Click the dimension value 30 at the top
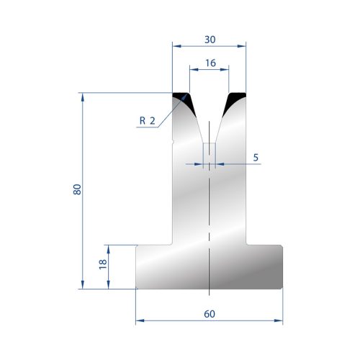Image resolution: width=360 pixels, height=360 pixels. click(x=210, y=40)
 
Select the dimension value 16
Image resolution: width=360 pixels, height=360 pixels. click(x=210, y=63)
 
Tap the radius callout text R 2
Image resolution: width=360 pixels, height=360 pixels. click(x=148, y=120)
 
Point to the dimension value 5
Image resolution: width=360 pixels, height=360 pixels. click(x=256, y=158)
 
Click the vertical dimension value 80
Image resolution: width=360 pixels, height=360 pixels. click(x=77, y=189)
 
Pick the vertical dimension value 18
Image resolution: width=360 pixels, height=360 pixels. click(x=103, y=264)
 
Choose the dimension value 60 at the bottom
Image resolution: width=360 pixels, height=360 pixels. click(x=210, y=314)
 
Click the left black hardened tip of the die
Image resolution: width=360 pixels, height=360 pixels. click(x=185, y=101)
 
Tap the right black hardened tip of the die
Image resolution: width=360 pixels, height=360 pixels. click(x=233, y=101)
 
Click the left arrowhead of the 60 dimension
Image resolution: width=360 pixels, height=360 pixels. click(x=140, y=320)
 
